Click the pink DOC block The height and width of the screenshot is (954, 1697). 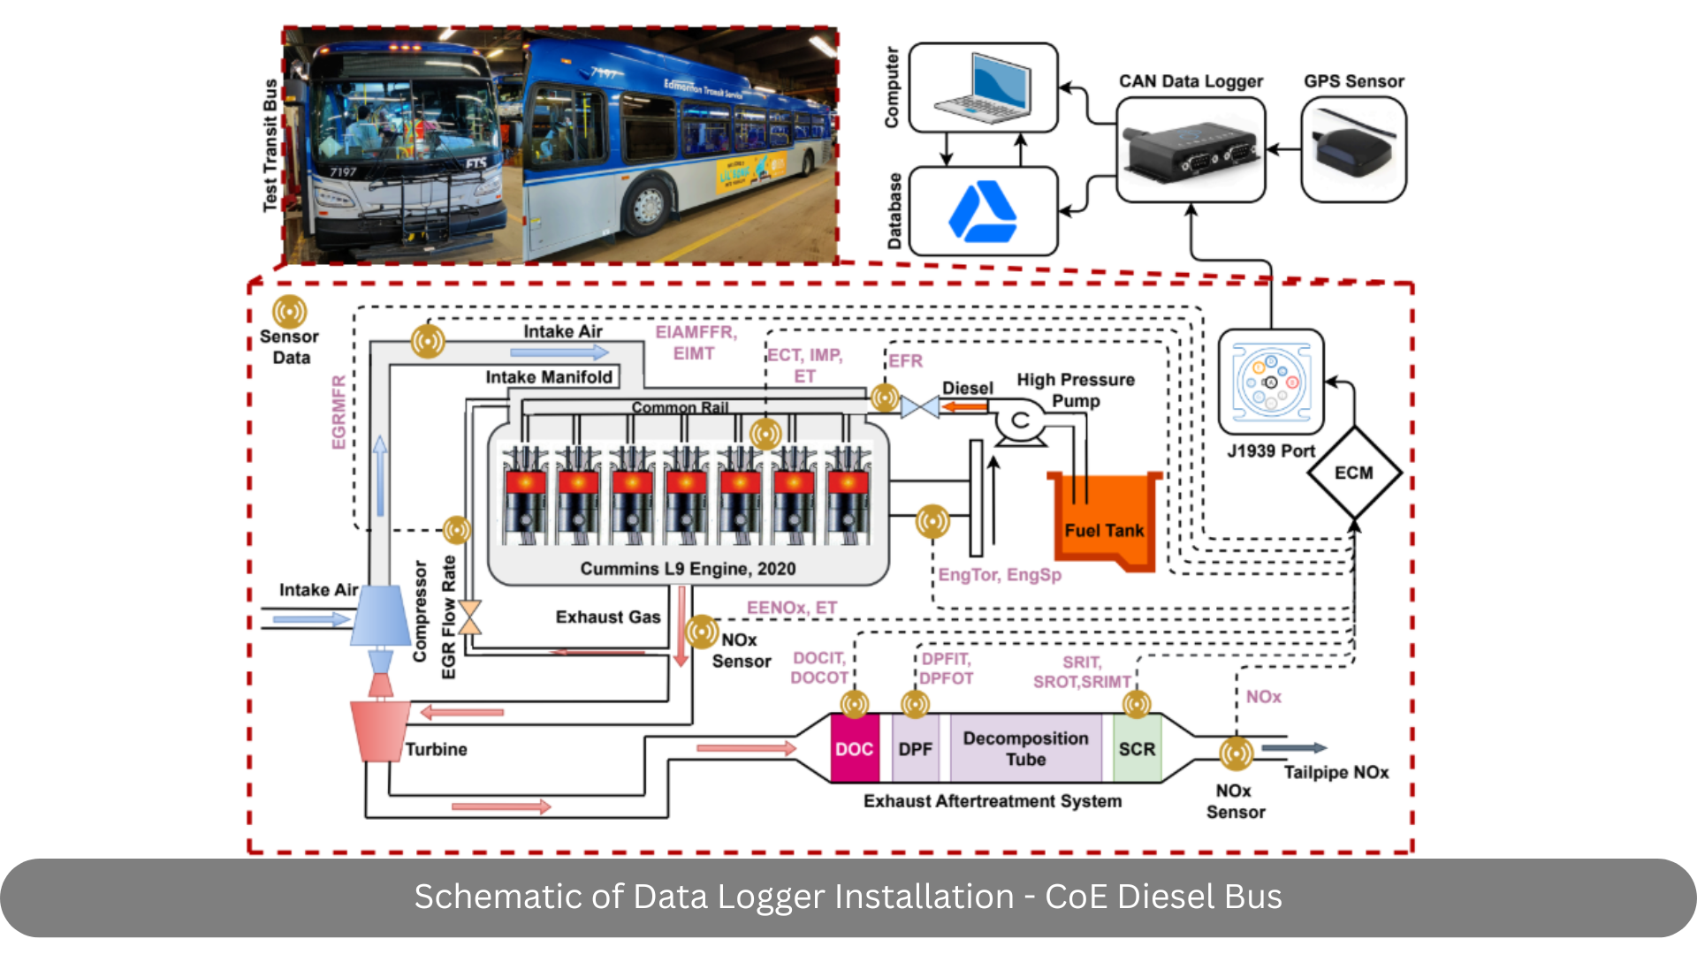click(855, 749)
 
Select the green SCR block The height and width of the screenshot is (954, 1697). click(1137, 749)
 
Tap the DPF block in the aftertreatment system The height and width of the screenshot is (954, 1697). click(916, 749)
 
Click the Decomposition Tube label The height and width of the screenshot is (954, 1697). click(1025, 748)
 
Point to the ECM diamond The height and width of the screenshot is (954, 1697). click(1353, 473)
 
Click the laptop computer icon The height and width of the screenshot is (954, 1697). click(984, 88)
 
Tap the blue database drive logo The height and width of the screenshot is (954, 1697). click(982, 212)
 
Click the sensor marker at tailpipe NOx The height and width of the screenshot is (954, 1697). click(1236, 753)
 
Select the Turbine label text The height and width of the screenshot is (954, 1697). click(436, 749)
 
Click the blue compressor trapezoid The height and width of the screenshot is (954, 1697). click(381, 616)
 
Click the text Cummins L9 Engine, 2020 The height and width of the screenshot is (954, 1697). click(688, 569)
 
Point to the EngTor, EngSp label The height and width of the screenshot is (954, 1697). click(1000, 575)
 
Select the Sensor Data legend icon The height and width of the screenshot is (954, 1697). click(290, 312)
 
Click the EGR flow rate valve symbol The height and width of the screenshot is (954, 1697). click(470, 617)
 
